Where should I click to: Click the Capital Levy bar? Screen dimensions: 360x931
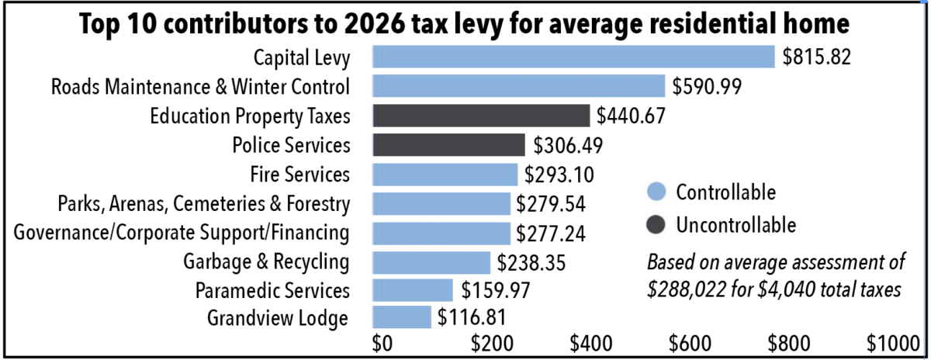click(573, 57)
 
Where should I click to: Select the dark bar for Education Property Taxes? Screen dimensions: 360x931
click(481, 116)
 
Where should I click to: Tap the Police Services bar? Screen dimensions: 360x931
click(448, 145)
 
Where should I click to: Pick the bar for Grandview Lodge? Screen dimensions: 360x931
click(401, 317)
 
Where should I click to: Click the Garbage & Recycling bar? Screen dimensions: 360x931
click(431, 262)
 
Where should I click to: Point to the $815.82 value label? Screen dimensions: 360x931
click(818, 57)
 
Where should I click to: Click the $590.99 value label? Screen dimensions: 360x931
click(708, 86)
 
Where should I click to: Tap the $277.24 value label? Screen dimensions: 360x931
click(552, 234)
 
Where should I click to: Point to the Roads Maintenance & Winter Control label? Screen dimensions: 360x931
click(200, 86)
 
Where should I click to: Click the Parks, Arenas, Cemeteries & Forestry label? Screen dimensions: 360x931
click(204, 204)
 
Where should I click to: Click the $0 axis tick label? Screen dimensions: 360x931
click(382, 342)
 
